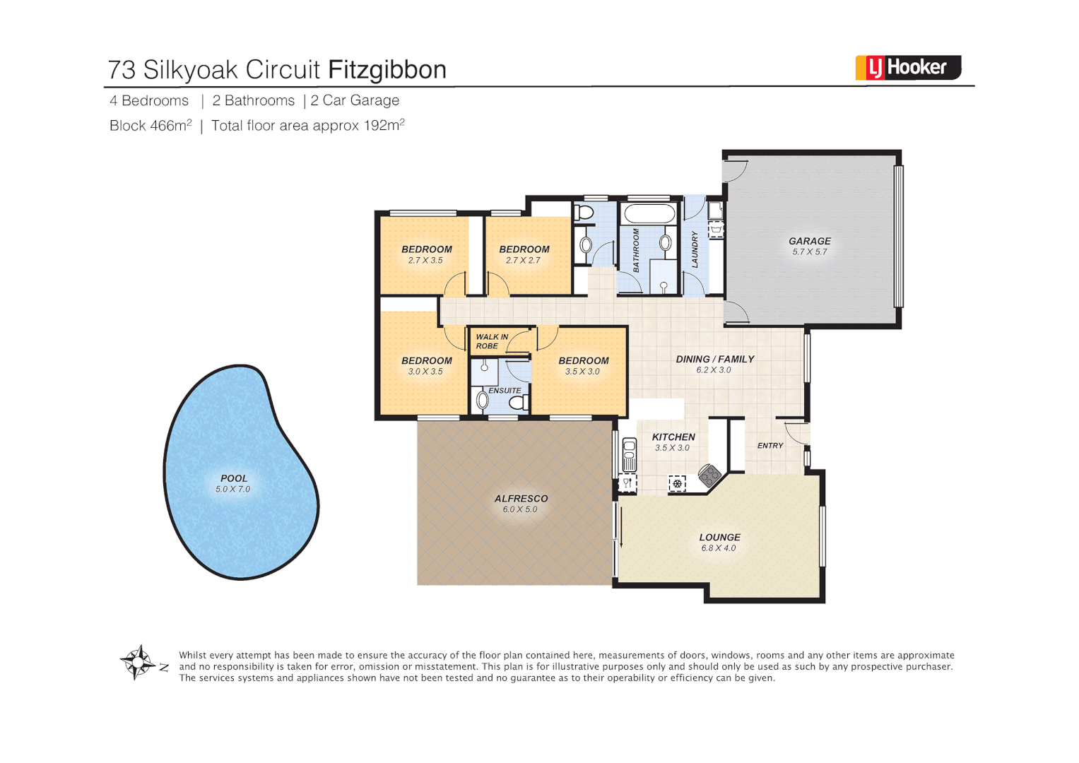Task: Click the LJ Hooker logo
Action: [908, 68]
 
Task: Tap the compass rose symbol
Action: [138, 663]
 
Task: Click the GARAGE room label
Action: [810, 241]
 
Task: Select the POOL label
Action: [234, 478]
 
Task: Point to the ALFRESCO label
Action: [521, 499]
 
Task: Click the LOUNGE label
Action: [719, 538]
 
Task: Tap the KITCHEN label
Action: [673, 437]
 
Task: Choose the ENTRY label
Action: [770, 446]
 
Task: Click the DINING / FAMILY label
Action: [715, 359]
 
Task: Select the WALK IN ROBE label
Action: [491, 341]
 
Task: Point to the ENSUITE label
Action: [505, 391]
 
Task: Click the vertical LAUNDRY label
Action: [695, 249]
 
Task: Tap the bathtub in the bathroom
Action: [649, 213]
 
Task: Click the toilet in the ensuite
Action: [518, 403]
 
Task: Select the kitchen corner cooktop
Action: [709, 475]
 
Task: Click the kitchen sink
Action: [629, 455]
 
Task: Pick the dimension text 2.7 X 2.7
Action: [523, 261]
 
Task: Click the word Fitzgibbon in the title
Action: [387, 70]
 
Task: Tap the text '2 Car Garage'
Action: [355, 100]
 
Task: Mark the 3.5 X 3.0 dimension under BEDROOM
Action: [582, 372]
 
